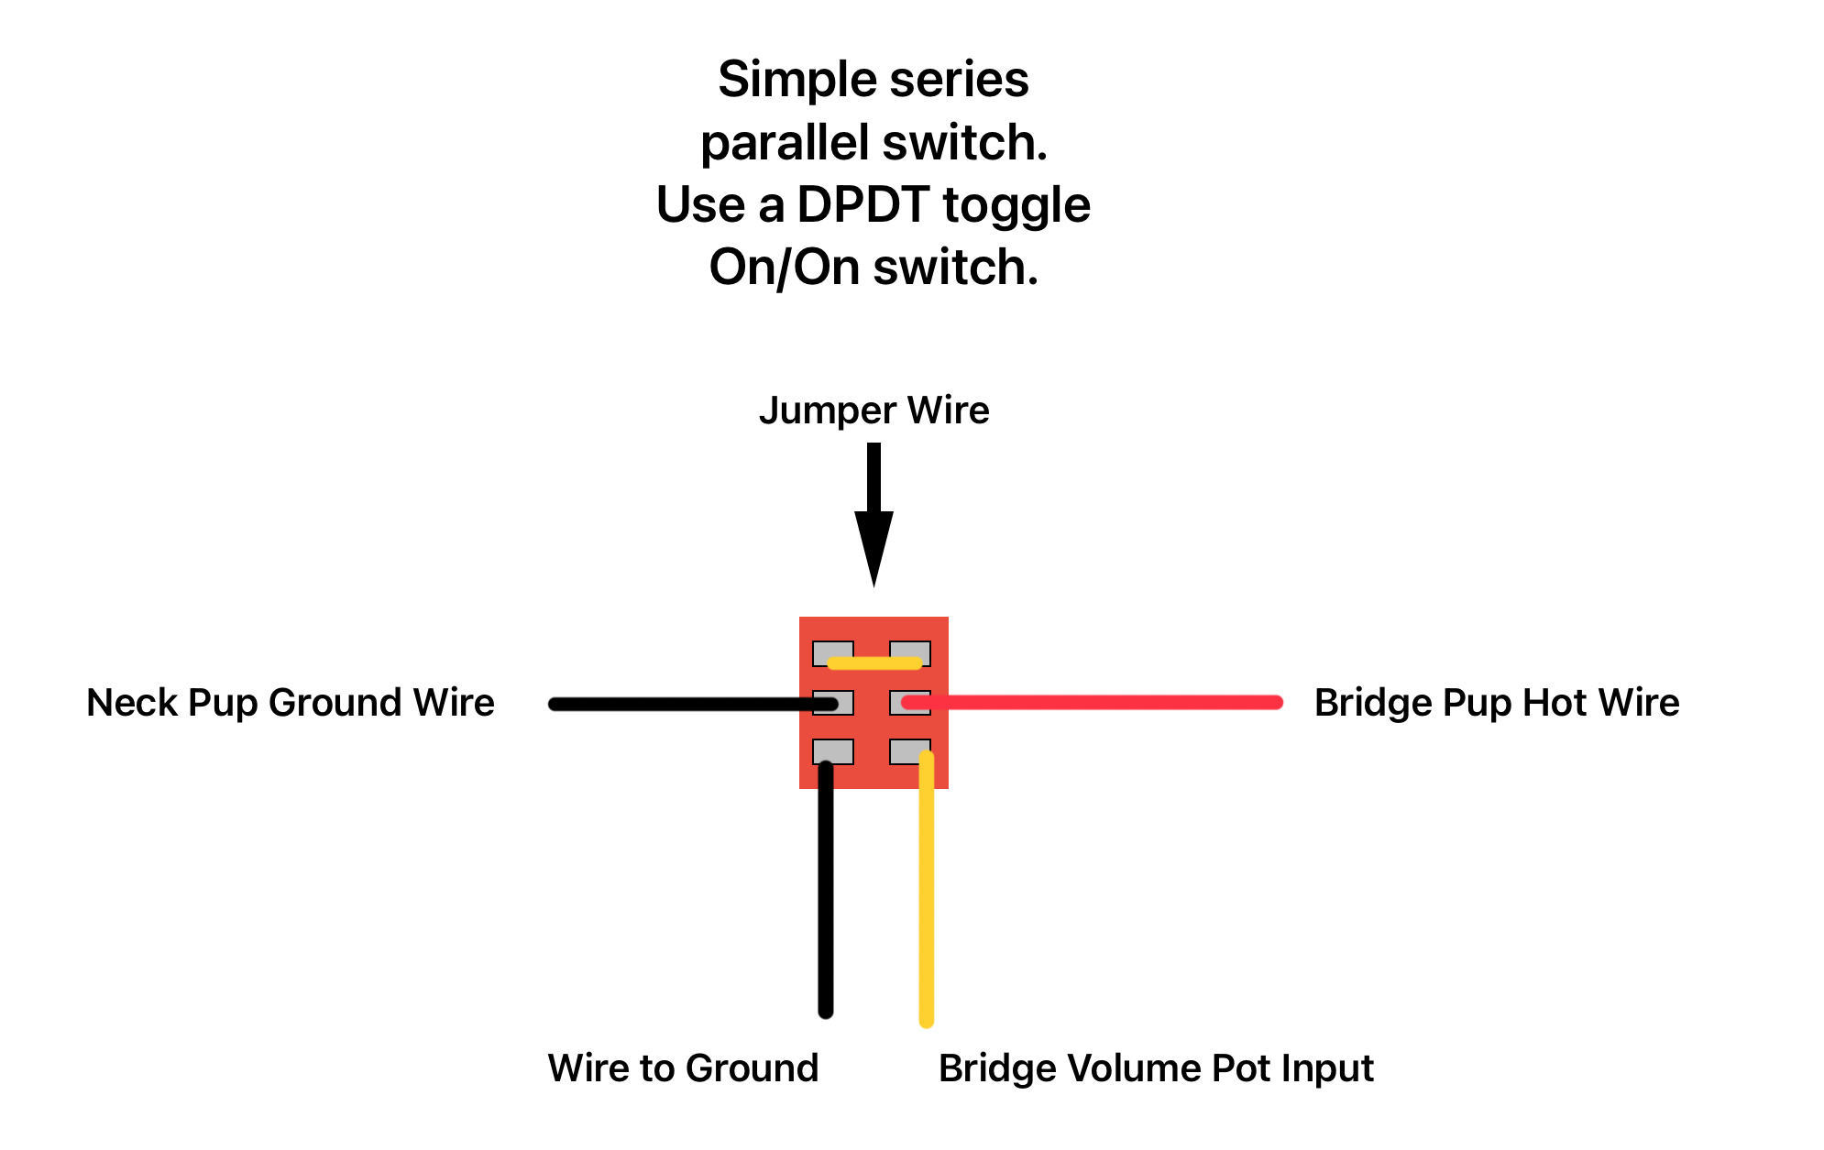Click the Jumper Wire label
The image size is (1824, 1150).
point(874,411)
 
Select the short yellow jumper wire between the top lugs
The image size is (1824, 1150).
point(874,663)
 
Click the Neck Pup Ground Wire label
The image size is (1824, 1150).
point(291,703)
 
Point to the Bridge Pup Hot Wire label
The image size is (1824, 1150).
point(1497,703)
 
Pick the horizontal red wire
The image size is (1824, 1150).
point(1092,703)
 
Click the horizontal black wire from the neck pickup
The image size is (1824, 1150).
point(693,704)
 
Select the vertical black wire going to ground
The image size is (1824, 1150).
point(826,889)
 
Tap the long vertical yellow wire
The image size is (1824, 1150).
point(927,888)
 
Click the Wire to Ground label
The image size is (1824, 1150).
point(683,1068)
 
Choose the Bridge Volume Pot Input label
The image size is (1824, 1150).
point(1156,1068)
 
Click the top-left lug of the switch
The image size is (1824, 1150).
point(833,653)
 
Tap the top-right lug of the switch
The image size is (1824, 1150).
point(910,653)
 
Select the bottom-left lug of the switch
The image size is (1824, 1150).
point(833,751)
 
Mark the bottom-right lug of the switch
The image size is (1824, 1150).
point(910,751)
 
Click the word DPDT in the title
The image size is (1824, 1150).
point(863,204)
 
